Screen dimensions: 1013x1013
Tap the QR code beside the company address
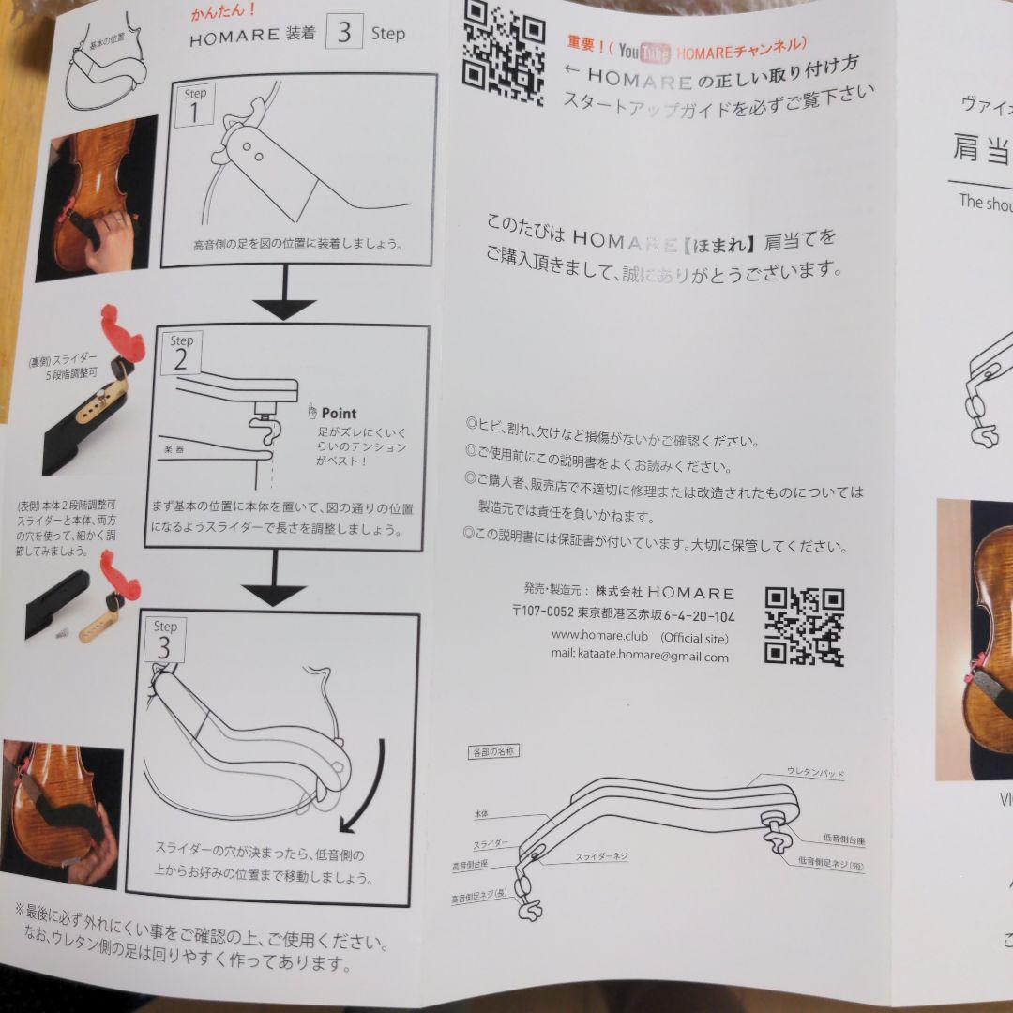[x=804, y=626]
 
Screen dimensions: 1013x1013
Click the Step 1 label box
[x=196, y=105]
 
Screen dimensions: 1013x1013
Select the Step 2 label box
[x=181, y=354]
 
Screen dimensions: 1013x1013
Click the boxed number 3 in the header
[x=344, y=33]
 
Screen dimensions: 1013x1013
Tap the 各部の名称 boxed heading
[x=493, y=751]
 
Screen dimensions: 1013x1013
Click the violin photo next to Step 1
[x=97, y=199]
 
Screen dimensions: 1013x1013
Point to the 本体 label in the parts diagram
[x=485, y=816]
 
